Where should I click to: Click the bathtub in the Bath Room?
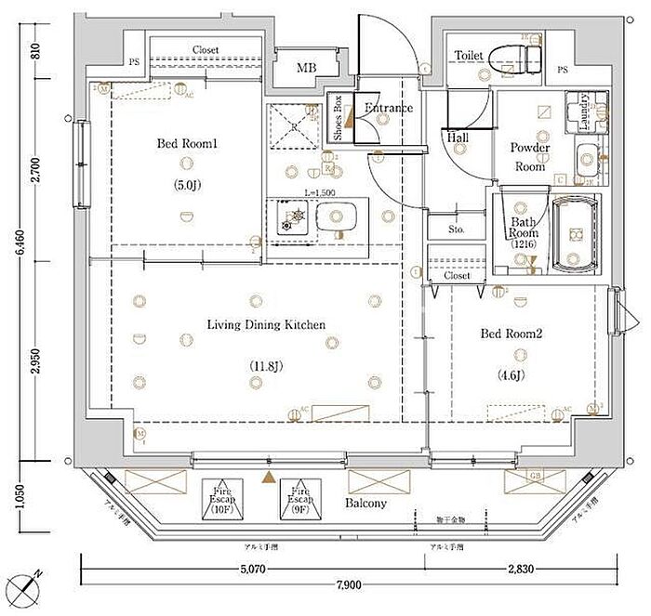[x=577, y=233]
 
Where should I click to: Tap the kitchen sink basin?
[x=332, y=219]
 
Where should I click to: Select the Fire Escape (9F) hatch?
[x=299, y=500]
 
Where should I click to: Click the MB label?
[x=307, y=67]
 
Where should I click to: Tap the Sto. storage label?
[x=456, y=229]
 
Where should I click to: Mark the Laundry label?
[x=584, y=111]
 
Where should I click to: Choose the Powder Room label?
[x=530, y=157]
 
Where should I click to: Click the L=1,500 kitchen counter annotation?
[x=320, y=192]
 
